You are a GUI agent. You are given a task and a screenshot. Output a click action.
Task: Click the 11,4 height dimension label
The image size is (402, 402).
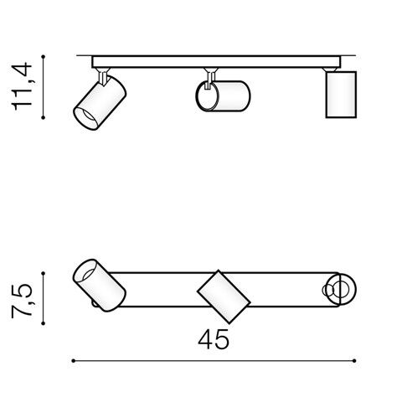coord(22,86)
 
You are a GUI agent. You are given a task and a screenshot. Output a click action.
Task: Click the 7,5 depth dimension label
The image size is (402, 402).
coord(22,301)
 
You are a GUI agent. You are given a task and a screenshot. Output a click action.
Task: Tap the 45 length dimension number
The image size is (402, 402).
coord(214,339)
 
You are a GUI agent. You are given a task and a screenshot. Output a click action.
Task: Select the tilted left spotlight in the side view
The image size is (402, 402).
coord(100,103)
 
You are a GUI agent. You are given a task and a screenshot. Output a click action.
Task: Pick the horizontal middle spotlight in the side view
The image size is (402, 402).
coord(223,96)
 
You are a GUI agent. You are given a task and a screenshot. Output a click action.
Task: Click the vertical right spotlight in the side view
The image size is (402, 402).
coord(341,95)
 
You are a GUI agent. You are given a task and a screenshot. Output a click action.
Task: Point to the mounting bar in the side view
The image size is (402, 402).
coord(216,62)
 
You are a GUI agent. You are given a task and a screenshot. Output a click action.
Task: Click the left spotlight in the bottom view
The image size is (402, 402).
coord(99,285)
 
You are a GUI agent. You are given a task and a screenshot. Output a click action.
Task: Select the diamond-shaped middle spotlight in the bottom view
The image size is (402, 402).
coord(224,297)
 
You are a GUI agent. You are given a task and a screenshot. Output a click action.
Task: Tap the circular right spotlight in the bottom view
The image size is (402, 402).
coord(341,290)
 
